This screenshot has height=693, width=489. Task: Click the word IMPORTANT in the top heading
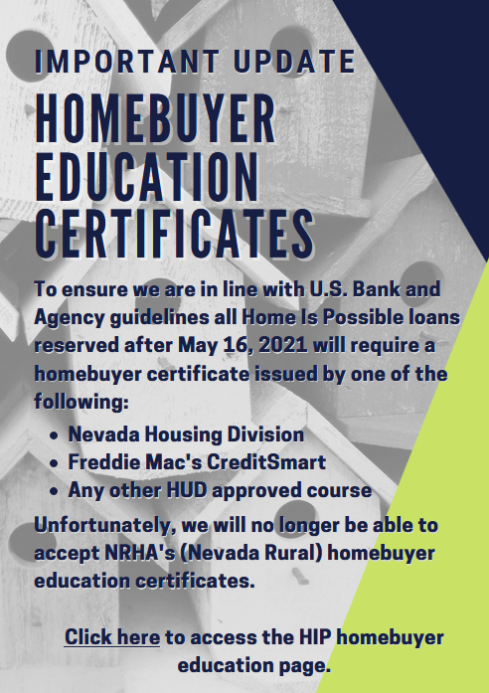click(127, 62)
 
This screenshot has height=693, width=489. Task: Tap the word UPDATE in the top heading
click(294, 62)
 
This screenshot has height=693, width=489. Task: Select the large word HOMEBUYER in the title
click(155, 119)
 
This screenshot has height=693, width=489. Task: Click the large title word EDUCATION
click(146, 177)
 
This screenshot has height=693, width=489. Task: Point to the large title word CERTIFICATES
click(174, 234)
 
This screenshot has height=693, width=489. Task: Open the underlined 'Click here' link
click(112, 637)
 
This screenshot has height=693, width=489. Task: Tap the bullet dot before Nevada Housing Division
click(55, 435)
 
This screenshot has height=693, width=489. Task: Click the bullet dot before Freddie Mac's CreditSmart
click(55, 463)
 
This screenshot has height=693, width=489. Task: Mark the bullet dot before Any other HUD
click(55, 491)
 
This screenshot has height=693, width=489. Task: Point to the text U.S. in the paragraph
click(328, 289)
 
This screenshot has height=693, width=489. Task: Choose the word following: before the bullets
click(81, 403)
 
